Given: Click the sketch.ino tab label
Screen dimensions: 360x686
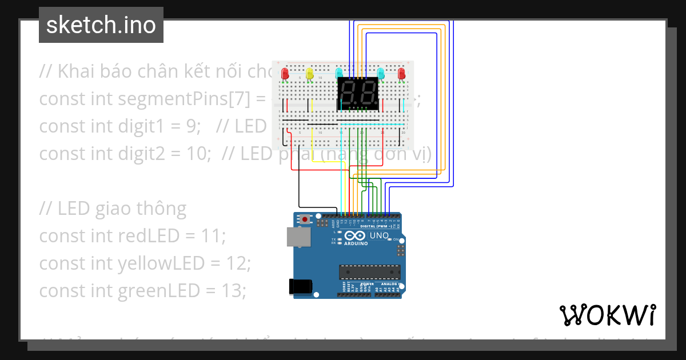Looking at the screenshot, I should pos(101,25).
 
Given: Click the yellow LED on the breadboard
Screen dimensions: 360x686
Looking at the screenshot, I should pos(309,74).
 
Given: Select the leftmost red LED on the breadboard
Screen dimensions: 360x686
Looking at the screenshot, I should pos(285,74).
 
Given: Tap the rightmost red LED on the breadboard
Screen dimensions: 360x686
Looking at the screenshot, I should pos(401,74).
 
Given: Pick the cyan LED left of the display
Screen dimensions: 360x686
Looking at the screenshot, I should pos(339,73).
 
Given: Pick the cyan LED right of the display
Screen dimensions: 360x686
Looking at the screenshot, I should pos(381,73).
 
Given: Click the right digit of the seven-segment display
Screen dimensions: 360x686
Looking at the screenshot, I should pos(368,91).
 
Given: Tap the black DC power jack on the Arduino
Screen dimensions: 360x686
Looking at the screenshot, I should pos(300,286).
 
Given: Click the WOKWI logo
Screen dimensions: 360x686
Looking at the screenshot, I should pos(607,315).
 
